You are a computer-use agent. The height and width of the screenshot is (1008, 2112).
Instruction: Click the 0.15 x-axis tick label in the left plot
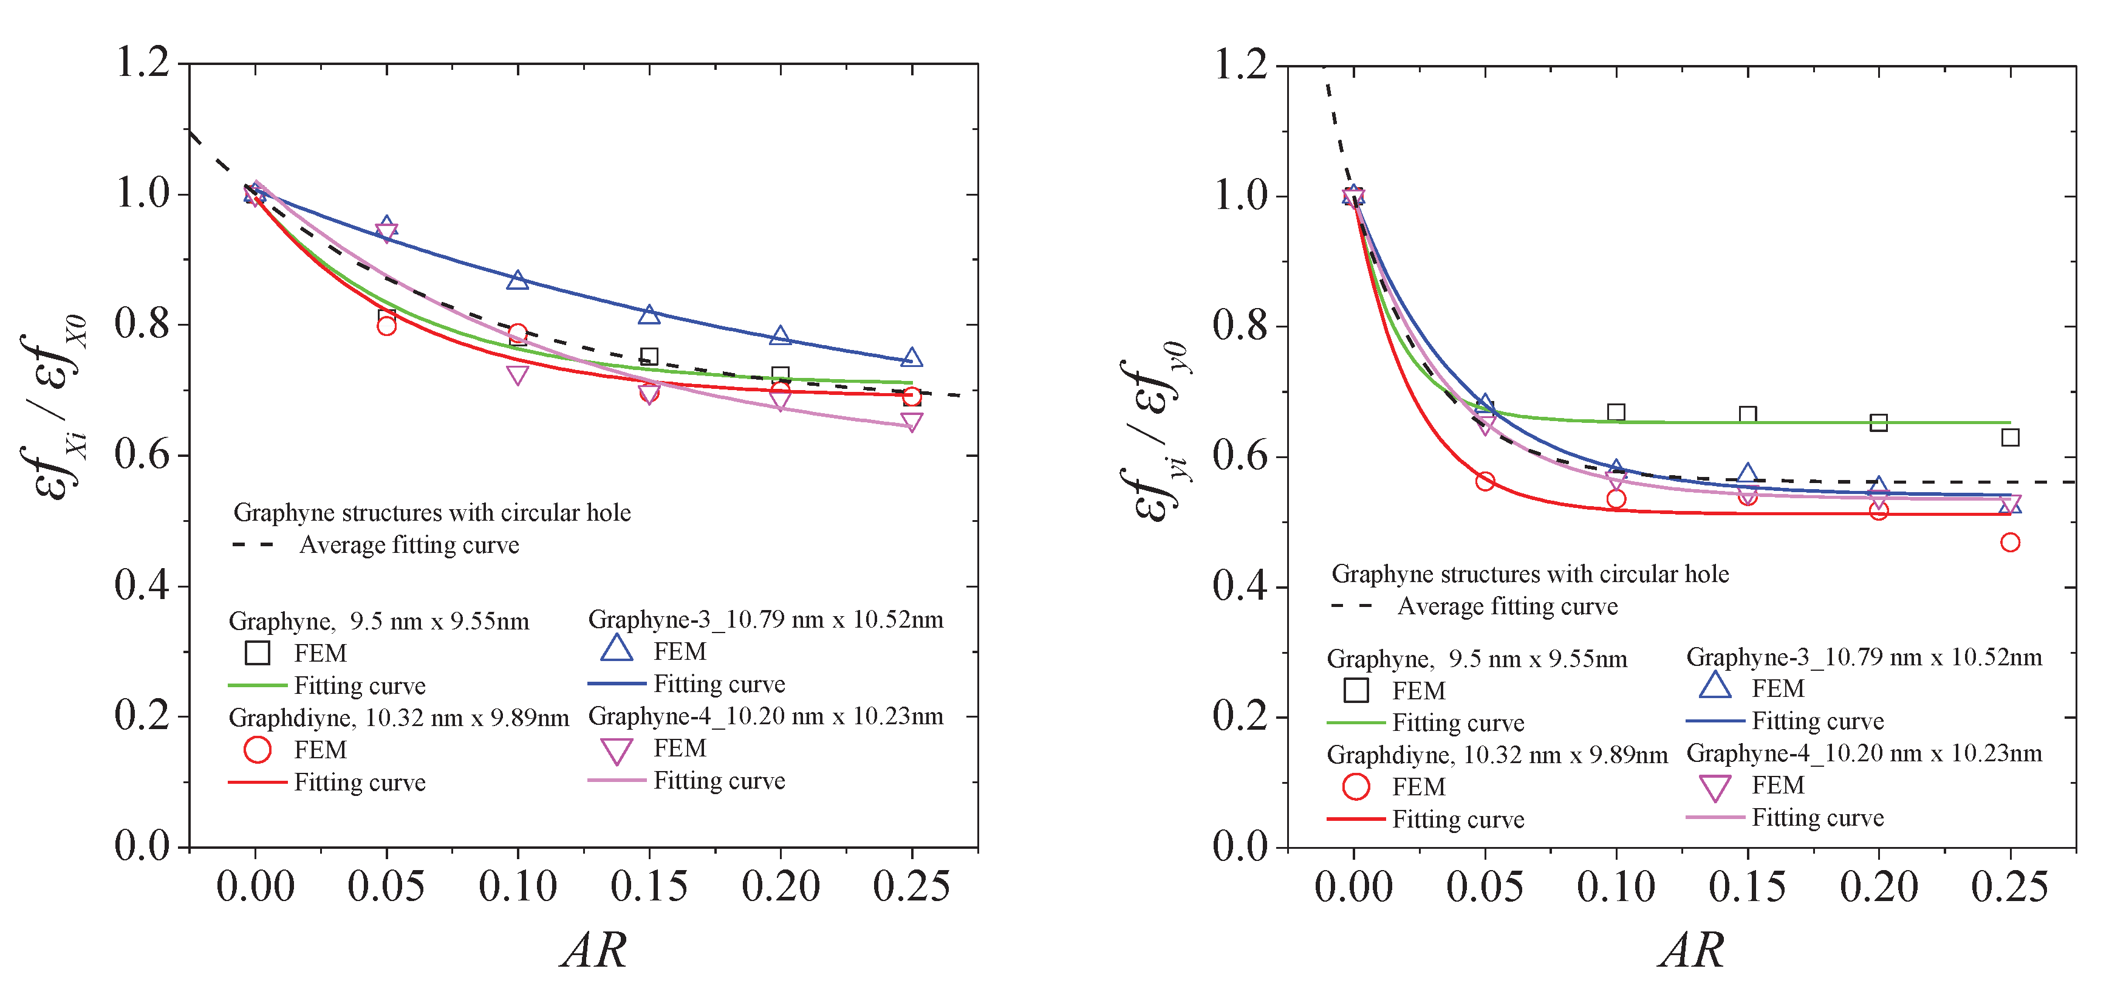click(649, 886)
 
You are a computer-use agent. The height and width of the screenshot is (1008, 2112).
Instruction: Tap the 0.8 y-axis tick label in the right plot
click(1240, 326)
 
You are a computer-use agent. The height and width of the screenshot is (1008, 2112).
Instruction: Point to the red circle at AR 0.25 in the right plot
click(2009, 542)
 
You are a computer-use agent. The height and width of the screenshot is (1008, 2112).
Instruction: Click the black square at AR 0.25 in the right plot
click(2009, 437)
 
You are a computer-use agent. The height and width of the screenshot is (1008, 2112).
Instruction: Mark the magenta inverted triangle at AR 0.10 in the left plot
click(518, 375)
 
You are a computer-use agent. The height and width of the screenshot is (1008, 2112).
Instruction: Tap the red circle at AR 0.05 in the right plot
click(1485, 481)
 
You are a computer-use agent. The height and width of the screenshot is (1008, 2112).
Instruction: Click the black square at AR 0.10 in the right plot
click(1616, 412)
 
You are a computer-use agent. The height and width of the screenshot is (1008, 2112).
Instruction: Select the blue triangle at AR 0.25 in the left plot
click(912, 358)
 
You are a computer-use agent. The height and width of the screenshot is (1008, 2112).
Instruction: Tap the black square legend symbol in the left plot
click(258, 653)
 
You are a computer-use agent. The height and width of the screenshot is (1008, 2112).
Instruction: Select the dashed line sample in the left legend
click(253, 544)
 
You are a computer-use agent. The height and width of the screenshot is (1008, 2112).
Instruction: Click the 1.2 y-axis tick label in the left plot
click(142, 63)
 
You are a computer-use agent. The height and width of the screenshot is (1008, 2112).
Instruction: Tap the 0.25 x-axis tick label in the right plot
click(2009, 886)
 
